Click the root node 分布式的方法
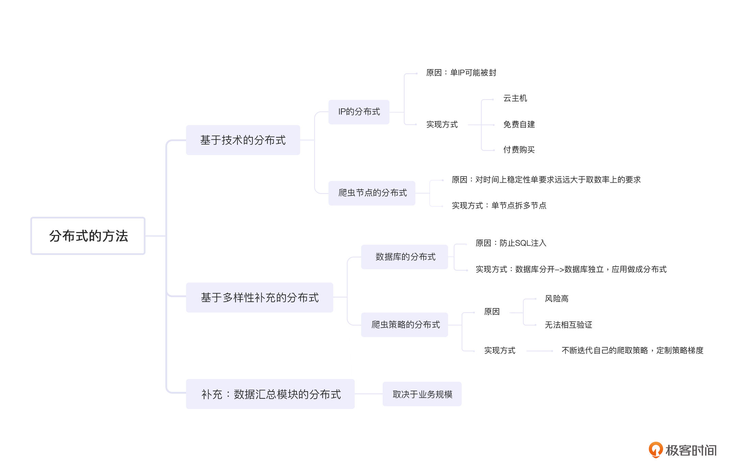[88, 236]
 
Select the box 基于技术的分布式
[243, 140]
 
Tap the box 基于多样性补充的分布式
[260, 298]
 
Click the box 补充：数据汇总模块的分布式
[270, 394]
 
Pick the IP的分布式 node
[359, 112]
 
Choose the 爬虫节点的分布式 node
[372, 193]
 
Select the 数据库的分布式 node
[404, 257]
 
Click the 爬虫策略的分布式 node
[404, 325]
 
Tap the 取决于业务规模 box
[422, 394]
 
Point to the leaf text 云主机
[515, 98]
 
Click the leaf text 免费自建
[519, 124]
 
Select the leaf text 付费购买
[519, 150]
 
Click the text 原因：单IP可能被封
[461, 73]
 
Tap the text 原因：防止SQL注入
[511, 243]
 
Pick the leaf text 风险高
[556, 299]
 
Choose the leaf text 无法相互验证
[568, 325]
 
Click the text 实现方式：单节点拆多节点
[499, 206]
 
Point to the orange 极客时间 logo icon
[656, 450]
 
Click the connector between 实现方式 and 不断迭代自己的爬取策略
[539, 351]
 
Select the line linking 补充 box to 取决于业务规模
[369, 394]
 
